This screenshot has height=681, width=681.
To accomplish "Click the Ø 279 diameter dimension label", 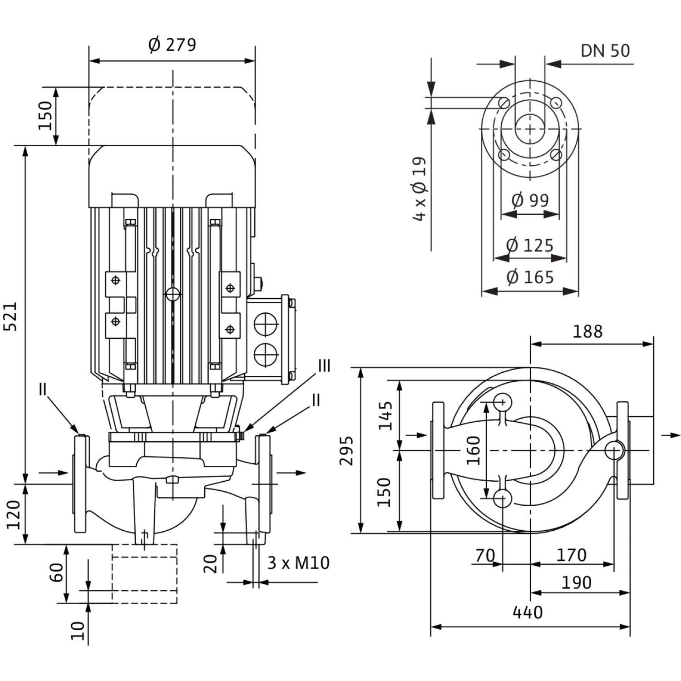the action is click(x=172, y=44).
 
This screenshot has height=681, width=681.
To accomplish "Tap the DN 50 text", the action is click(x=605, y=51).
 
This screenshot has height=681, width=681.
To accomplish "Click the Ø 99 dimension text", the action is click(x=530, y=200).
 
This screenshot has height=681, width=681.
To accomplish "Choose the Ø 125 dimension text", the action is click(x=530, y=246).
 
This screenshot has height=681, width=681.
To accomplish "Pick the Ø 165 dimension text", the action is click(x=530, y=277).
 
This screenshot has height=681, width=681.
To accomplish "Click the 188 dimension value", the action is click(x=587, y=331).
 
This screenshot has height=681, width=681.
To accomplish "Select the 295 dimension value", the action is click(x=347, y=450).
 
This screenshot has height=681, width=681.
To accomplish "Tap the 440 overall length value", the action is click(x=528, y=612).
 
